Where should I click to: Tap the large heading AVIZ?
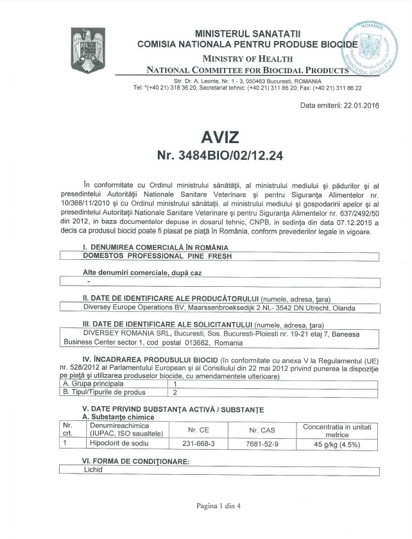pyautogui.click(x=219, y=137)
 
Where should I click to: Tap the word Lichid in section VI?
pyautogui.click(x=92, y=470)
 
